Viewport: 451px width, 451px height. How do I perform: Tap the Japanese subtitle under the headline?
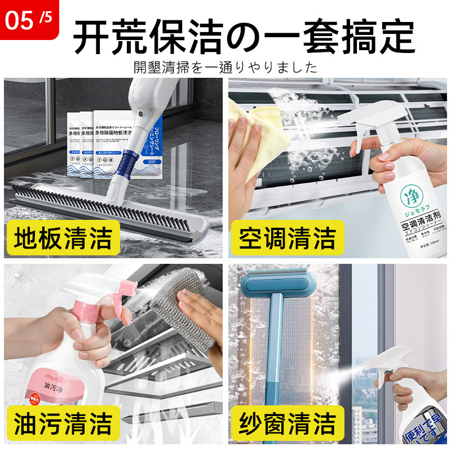click(225, 68)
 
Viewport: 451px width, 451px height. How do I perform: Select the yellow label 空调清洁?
click(287, 238)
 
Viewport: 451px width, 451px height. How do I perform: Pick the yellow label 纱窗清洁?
click(287, 422)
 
